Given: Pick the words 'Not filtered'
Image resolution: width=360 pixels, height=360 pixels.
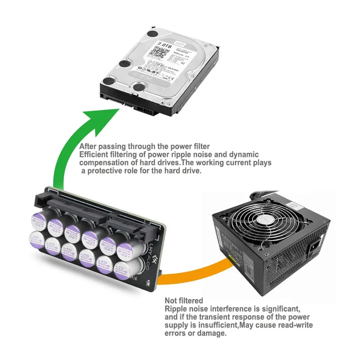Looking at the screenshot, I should pyautogui.click(x=184, y=300).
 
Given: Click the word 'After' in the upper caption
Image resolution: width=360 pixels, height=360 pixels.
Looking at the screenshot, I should pyautogui.click(x=89, y=146).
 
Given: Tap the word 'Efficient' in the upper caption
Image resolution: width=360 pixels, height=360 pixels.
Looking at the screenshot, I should pyautogui.click(x=94, y=154).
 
